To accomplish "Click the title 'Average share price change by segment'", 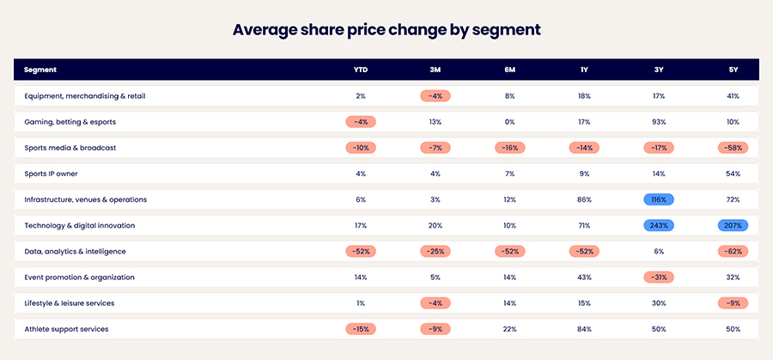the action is (386, 29).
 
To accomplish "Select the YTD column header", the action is (361, 70).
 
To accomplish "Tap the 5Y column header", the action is (733, 70).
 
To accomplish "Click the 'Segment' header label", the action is (40, 70).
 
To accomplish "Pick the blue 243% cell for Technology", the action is (659, 225).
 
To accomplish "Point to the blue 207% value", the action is (733, 225).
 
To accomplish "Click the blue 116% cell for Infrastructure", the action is (659, 199).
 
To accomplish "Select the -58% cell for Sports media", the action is (733, 148).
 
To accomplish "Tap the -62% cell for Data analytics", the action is (733, 252).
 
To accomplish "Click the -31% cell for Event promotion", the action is (659, 278).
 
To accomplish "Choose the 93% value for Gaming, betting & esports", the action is (659, 122).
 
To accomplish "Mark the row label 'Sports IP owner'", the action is (52, 174).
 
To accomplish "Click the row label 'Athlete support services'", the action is (66, 329).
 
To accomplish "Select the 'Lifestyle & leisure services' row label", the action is (70, 303).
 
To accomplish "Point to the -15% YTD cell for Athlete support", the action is (361, 329).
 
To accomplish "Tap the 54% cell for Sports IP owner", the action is (733, 174).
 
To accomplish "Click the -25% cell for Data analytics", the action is (435, 252).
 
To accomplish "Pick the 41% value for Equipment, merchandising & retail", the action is (733, 96).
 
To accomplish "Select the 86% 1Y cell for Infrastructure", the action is (584, 199).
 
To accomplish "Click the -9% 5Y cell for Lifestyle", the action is (733, 303).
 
